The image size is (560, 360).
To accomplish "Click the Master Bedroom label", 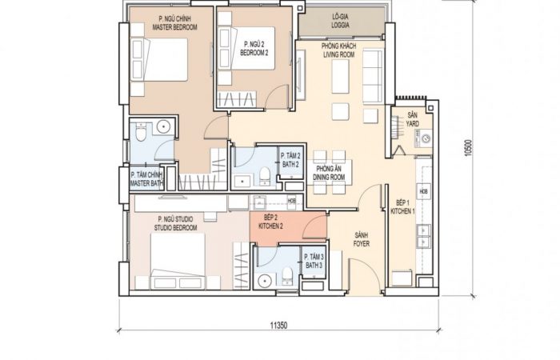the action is pos(174,23).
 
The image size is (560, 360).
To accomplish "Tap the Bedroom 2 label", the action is pos(254,49).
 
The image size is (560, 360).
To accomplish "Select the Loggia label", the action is pos(340,21).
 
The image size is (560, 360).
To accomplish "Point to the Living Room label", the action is pos(338,50).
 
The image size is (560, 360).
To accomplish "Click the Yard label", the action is pos(413,119).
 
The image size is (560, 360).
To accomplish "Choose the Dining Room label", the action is pos(329,173).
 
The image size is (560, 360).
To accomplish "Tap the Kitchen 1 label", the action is pos(403,207).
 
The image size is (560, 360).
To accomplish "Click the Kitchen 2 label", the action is pos(270,222).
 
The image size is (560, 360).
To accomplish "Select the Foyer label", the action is pos(362,240).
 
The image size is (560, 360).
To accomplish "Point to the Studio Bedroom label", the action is pos(175,223).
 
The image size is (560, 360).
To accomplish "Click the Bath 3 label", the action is pos(314,261).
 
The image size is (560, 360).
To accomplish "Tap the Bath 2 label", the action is pos(290,160).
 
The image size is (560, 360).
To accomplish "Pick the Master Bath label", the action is pos(146,179).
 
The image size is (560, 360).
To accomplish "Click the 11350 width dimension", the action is pos(278,326).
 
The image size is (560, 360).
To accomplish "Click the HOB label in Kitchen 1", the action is pos(423,191).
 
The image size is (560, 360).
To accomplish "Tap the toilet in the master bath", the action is pos(141,131).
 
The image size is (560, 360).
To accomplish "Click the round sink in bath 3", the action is pos(264,281).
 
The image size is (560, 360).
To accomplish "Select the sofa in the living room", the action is pos(373,77).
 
